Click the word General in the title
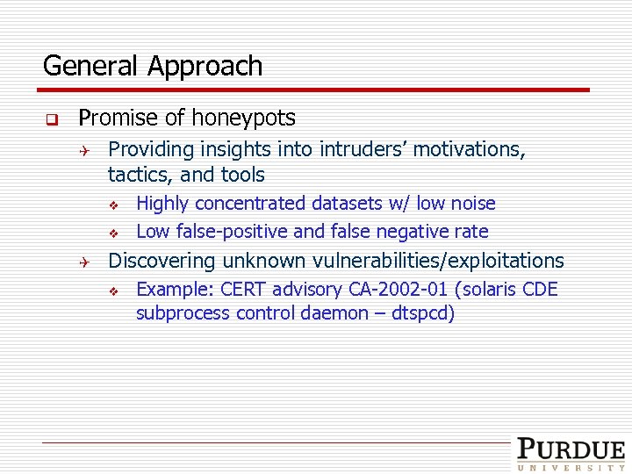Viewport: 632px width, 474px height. (92, 66)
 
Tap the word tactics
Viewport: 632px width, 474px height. (138, 175)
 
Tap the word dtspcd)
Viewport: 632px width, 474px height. (424, 313)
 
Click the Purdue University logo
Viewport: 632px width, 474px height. (571, 455)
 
